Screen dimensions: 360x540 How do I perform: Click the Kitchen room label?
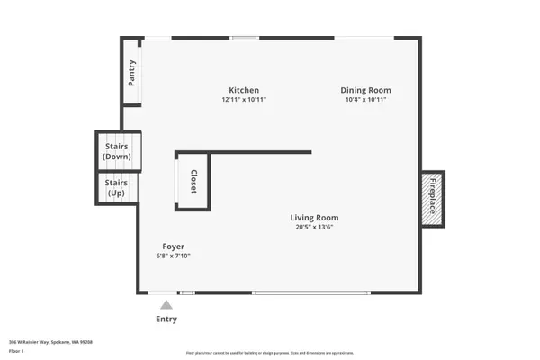[244, 90]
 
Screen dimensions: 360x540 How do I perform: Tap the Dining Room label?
[365, 90]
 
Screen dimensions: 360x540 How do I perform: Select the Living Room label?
[314, 217]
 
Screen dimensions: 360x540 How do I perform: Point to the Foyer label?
[174, 246]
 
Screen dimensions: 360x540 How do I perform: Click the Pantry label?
[132, 72]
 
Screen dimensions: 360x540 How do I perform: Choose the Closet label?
[192, 182]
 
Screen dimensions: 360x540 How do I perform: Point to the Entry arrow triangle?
[166, 305]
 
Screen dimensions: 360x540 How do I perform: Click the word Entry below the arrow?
[166, 319]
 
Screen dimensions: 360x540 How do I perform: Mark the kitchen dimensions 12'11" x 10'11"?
[244, 99]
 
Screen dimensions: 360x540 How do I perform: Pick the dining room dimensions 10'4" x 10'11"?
[365, 99]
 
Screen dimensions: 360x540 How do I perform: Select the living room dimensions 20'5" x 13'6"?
[314, 227]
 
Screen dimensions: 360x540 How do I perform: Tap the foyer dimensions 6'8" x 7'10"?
[174, 256]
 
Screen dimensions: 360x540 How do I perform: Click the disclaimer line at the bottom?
[270, 353]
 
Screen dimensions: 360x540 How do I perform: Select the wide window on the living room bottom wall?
[310, 293]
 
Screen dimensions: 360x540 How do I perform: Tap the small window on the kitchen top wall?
[244, 38]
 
